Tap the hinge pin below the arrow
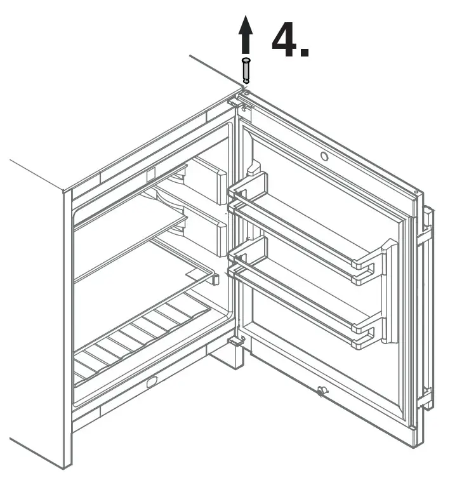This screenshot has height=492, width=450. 246,70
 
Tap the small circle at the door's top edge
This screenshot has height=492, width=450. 324,156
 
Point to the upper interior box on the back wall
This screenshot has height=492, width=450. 209,180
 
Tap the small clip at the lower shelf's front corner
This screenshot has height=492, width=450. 216,278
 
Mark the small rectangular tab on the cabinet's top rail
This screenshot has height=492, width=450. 151,174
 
